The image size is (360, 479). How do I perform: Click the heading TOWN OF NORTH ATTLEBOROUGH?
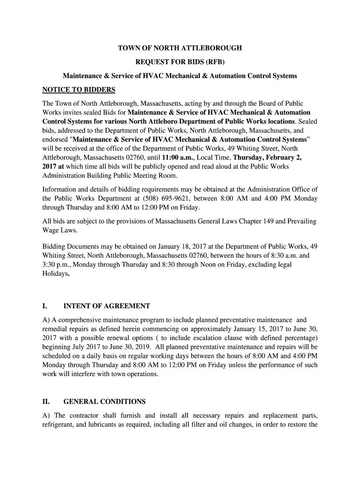(180, 49)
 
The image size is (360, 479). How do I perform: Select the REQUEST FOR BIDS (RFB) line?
(180, 62)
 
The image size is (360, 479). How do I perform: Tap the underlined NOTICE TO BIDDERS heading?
(79, 90)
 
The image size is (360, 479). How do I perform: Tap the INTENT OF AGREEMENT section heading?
(107, 306)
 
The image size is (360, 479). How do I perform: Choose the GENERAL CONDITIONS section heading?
(104, 402)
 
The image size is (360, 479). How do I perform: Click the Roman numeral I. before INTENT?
(44, 306)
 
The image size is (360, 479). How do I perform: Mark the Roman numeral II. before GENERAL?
(46, 402)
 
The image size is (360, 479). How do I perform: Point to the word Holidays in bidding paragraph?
(55, 274)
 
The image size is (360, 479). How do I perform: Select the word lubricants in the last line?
(111, 425)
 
